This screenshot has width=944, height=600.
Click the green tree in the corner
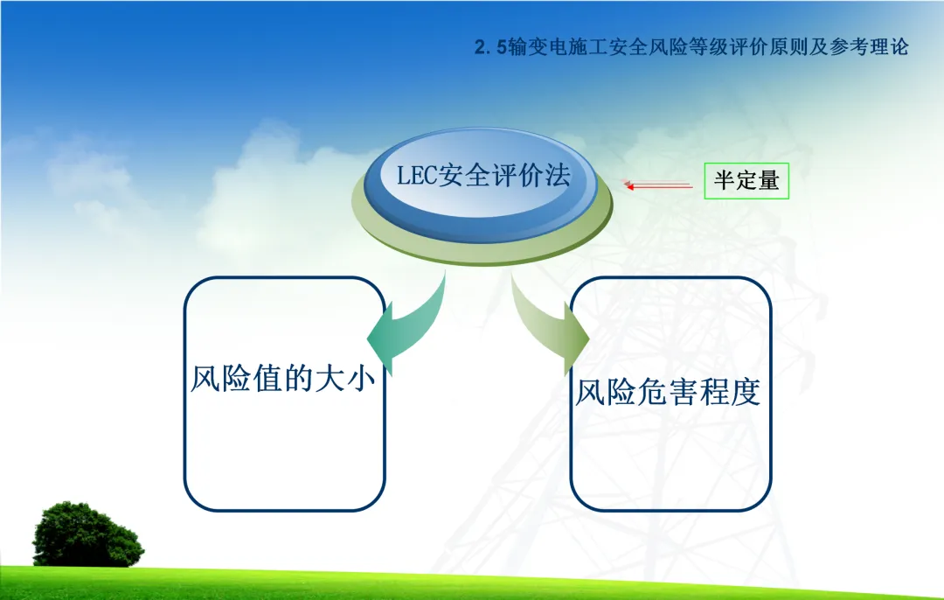[87, 535]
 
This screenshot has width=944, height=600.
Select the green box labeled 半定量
[746, 181]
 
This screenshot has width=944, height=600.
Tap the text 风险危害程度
[668, 392]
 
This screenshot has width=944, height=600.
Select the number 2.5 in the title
[490, 47]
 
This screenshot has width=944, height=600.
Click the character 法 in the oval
[556, 175]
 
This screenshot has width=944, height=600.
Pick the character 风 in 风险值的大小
[205, 379]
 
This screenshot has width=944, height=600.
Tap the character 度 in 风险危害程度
[746, 392]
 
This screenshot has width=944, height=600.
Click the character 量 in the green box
[769, 180]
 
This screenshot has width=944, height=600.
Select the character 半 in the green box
[725, 180]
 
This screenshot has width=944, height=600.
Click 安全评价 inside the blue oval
[489, 175]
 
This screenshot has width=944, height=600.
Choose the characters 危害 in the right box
[668, 392]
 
